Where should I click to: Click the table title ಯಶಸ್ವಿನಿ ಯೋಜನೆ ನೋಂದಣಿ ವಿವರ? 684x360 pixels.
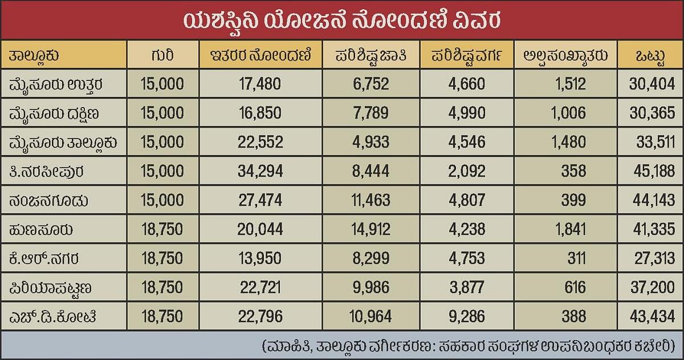[342, 20]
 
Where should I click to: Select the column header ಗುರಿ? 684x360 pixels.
[162, 55]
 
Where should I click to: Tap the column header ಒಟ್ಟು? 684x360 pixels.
[649, 55]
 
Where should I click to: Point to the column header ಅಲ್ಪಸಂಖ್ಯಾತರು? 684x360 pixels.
[565, 55]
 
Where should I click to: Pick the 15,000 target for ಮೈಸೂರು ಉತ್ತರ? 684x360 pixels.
[162, 84]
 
